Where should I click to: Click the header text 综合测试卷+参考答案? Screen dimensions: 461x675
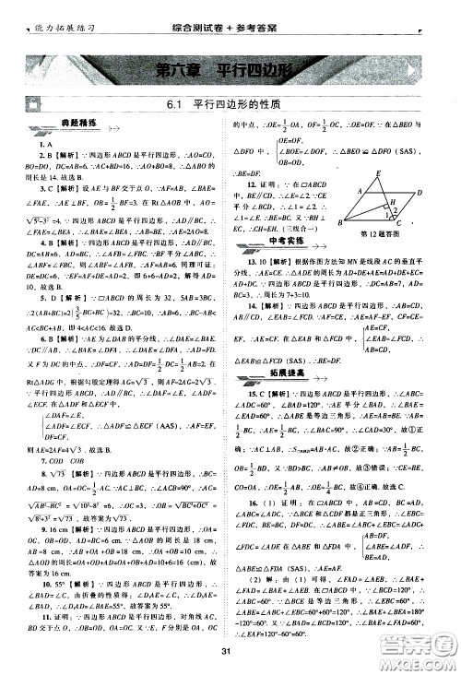click(x=230, y=8)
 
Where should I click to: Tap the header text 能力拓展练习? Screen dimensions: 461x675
click(x=41, y=9)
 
